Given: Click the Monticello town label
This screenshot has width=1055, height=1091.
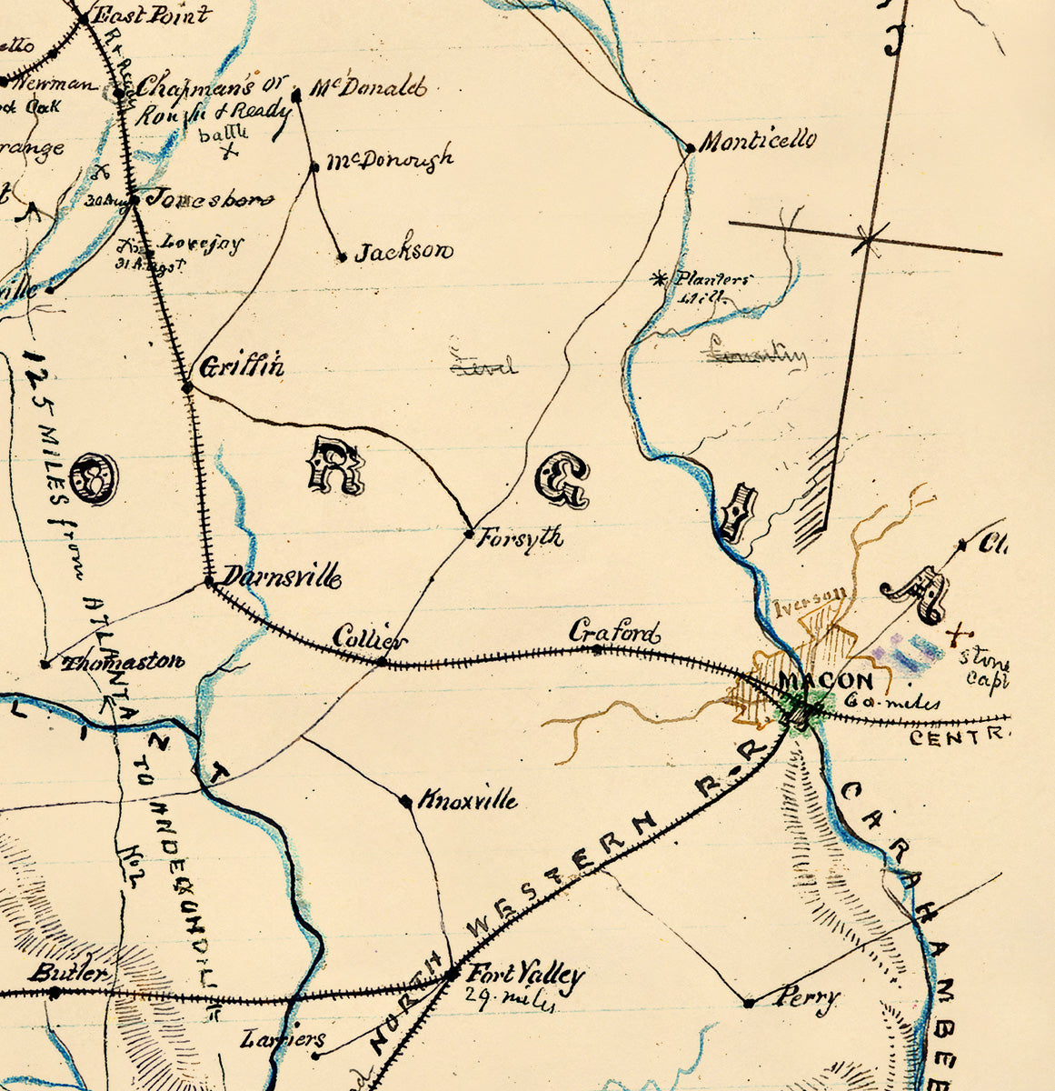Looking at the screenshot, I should tap(758, 141).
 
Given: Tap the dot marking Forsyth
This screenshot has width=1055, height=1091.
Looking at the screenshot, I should tap(469, 533).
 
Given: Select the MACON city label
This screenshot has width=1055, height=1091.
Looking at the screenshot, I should tap(826, 681).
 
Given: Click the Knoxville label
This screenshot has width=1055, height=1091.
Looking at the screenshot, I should tap(468, 800).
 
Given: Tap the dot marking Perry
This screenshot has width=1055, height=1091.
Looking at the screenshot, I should tap(749, 1003).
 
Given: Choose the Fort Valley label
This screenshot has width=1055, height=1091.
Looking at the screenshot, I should tap(524, 976).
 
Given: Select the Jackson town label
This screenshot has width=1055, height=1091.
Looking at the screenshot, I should tap(403, 252).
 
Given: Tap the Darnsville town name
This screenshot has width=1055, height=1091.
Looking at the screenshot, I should tap(282, 576).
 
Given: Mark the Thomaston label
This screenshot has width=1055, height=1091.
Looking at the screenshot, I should tap(123, 662).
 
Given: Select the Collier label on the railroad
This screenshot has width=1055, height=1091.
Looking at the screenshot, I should tap(370, 638).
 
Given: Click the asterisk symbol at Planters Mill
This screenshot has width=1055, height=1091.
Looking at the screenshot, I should tap(660, 279).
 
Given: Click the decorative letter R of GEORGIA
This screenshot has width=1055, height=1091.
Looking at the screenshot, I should tap(338, 465).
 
